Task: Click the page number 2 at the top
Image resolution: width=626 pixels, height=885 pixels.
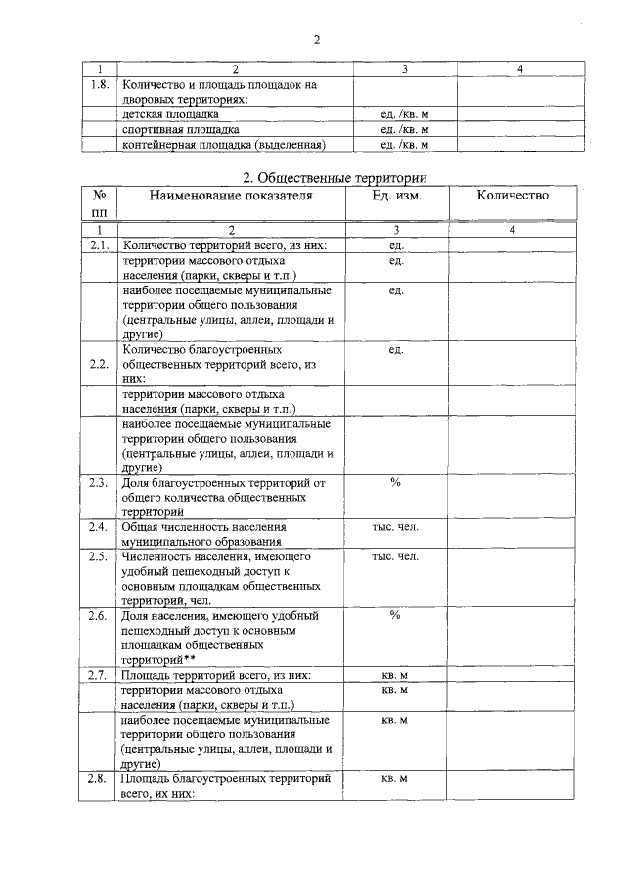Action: pyautogui.click(x=317, y=39)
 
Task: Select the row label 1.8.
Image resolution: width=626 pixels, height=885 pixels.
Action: pyautogui.click(x=99, y=84)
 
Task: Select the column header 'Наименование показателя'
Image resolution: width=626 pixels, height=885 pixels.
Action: pyautogui.click(x=231, y=196)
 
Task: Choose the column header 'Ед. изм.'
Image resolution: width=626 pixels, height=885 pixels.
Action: pyautogui.click(x=396, y=196)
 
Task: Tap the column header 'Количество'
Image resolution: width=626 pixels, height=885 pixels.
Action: pyautogui.click(x=513, y=196)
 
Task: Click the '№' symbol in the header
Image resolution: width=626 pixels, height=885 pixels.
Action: pyautogui.click(x=98, y=196)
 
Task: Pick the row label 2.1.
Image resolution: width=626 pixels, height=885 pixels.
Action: pyautogui.click(x=98, y=245)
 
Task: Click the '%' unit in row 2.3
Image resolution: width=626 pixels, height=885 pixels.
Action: pyautogui.click(x=396, y=482)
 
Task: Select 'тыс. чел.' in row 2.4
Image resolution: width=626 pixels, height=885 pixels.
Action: pyautogui.click(x=395, y=527)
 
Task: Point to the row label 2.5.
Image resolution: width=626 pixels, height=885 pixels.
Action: pyautogui.click(x=98, y=557)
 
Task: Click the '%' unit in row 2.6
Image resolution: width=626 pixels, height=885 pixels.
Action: pyautogui.click(x=396, y=616)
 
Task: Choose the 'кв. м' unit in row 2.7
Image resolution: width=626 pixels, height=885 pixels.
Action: pyautogui.click(x=395, y=676)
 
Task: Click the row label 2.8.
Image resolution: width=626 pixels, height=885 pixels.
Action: pyautogui.click(x=98, y=779)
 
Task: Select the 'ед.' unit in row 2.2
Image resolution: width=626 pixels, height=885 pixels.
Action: pyautogui.click(x=396, y=349)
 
